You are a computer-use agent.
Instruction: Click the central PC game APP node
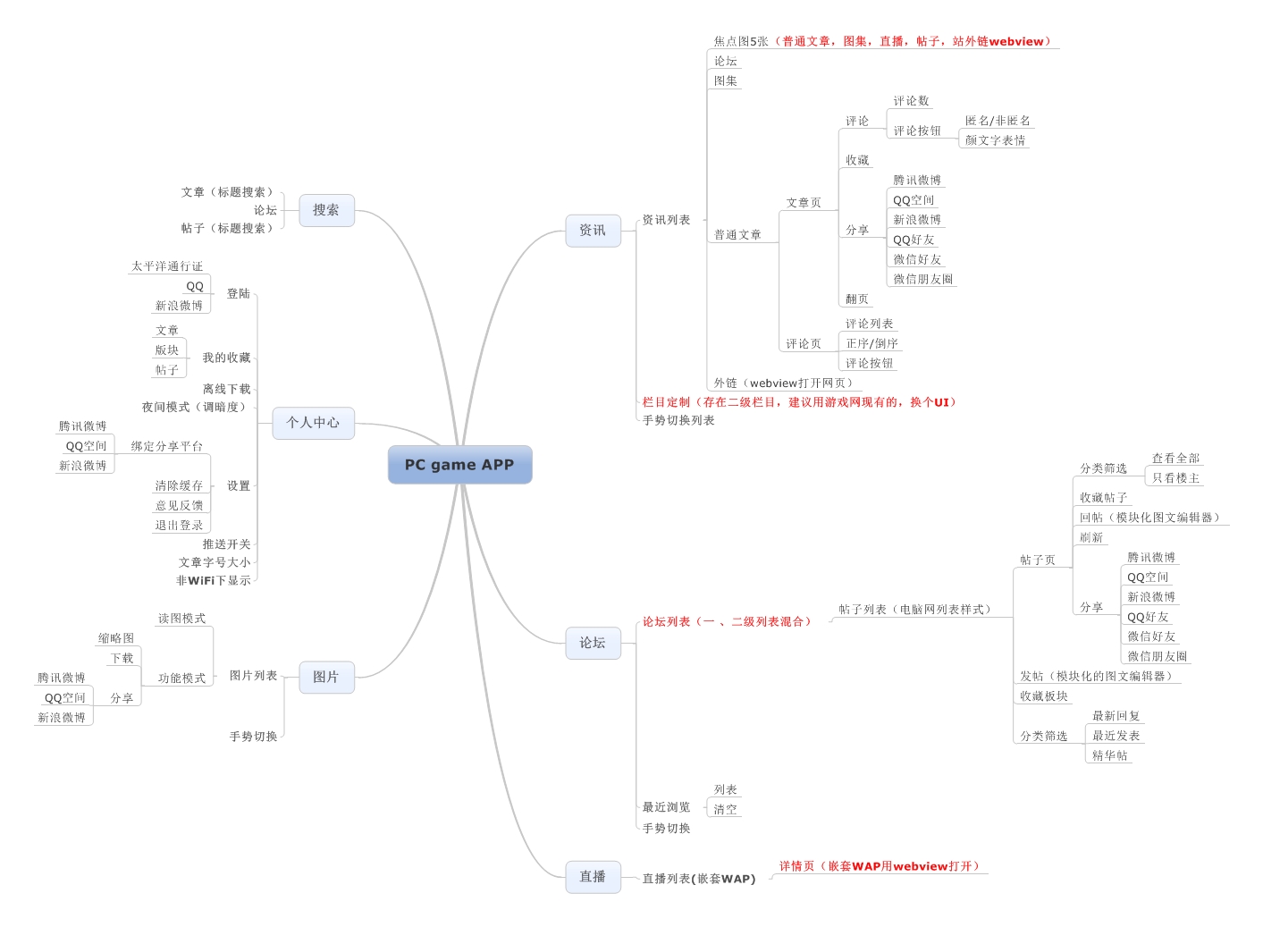pos(459,465)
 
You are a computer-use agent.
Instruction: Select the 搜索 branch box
pos(326,210)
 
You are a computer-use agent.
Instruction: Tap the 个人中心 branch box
pos(313,422)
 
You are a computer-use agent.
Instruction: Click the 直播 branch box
pos(593,876)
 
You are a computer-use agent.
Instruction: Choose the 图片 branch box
pos(326,677)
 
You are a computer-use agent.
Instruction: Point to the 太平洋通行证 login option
pos(167,266)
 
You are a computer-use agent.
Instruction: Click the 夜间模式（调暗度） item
pos(196,407)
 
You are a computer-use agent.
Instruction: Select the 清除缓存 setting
pos(179,485)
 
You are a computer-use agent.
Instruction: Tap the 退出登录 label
pos(179,525)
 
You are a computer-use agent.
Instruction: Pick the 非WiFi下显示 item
pos(214,580)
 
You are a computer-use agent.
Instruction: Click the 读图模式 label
pos(181,619)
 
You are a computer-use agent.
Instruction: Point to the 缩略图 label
pos(116,638)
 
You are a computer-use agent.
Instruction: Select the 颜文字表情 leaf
pos(995,140)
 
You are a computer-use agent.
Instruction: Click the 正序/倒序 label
pos(871,343)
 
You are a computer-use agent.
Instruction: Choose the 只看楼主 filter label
pos(1175,478)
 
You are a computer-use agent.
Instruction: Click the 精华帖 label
pos(1110,755)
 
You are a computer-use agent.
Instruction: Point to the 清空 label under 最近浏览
pos(726,809)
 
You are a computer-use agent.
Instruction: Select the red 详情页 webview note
pos(880,866)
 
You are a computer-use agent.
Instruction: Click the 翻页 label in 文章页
pos(857,299)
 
